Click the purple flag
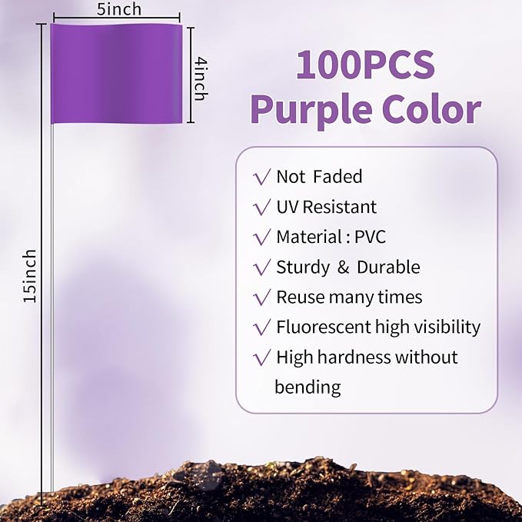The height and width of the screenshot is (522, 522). click(117, 74)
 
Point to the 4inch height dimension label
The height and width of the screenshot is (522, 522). click(200, 78)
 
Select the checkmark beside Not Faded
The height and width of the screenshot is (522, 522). click(261, 177)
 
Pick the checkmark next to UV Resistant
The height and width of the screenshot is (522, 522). click(261, 207)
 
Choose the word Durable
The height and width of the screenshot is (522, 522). click(388, 267)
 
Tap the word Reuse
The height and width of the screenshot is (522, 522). click(300, 297)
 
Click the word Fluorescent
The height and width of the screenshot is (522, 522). click(323, 327)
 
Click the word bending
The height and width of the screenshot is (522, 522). click(308, 387)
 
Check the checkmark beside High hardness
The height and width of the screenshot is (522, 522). click(261, 357)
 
